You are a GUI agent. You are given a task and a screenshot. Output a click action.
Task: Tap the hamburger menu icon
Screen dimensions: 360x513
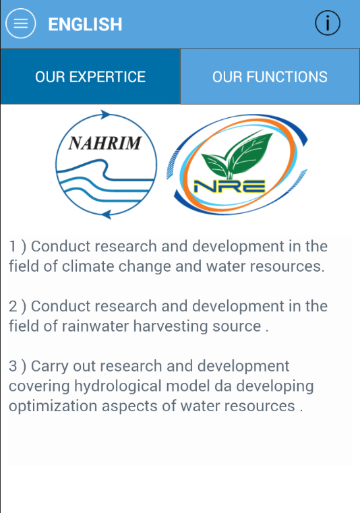click(21, 24)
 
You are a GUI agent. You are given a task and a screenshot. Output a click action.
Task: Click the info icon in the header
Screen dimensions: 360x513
click(328, 23)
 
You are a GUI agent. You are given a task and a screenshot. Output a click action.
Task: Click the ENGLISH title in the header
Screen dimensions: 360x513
click(85, 24)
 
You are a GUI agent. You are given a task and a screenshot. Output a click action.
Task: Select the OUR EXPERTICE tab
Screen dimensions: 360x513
click(90, 77)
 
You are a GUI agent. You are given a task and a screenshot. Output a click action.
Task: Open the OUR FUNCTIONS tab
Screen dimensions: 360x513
click(270, 77)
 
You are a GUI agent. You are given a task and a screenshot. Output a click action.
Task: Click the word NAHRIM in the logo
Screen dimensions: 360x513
click(104, 144)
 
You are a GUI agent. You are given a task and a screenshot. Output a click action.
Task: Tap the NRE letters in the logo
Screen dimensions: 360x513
click(229, 187)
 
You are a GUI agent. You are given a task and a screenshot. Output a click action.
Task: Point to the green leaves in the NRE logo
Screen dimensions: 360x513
click(237, 154)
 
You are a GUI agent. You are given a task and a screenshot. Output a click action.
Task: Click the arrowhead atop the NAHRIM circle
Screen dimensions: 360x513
click(106, 115)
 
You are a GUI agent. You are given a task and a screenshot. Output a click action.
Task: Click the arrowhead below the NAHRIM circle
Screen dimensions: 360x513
click(107, 214)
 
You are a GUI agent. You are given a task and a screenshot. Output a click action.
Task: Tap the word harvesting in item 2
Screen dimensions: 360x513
click(171, 327)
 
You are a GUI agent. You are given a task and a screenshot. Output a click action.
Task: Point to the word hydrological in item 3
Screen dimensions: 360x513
click(118, 387)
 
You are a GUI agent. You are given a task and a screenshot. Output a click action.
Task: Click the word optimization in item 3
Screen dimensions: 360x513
click(53, 406)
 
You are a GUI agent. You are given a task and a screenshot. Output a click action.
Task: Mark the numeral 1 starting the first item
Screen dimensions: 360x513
click(12, 246)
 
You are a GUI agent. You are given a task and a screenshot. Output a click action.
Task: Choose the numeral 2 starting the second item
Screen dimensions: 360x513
click(13, 306)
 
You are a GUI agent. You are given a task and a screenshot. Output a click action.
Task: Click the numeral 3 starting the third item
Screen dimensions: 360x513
click(13, 366)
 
